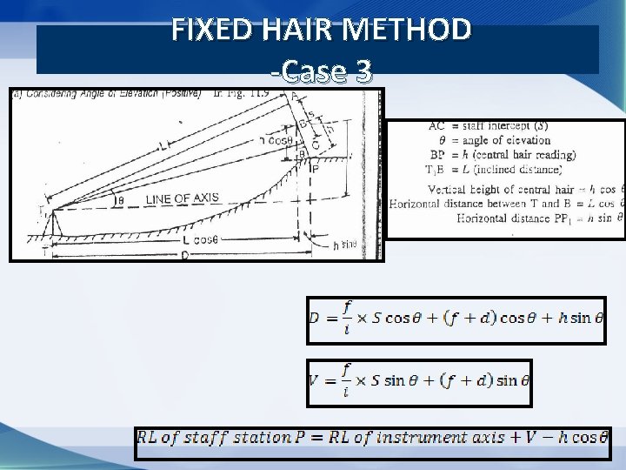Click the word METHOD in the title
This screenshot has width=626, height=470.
click(x=408, y=30)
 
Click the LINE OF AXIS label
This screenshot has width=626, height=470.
click(x=183, y=199)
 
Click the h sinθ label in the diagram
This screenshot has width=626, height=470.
click(x=346, y=246)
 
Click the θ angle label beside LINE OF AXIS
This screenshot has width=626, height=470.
click(x=120, y=200)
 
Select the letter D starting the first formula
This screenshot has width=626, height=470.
click(x=315, y=317)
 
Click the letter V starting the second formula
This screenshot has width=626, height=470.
click(x=314, y=379)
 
